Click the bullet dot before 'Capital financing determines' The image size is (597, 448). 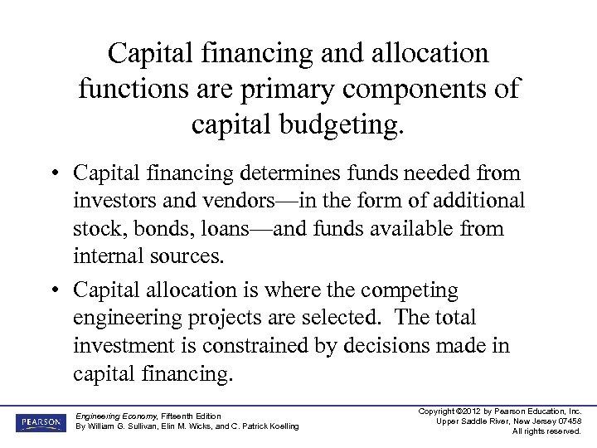tap(52, 174)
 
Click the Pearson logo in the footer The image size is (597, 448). tap(38, 422)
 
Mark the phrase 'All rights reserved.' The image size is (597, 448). tap(546, 431)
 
